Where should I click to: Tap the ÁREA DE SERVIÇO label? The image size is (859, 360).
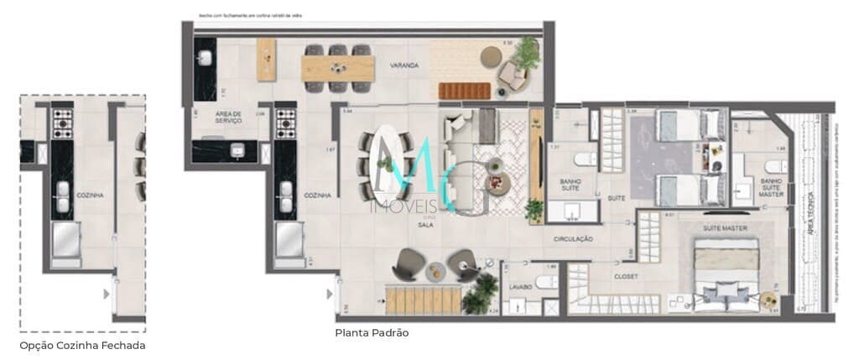228,117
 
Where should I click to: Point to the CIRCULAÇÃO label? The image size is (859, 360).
573,239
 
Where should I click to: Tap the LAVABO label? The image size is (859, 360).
520,287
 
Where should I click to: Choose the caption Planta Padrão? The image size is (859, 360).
372,333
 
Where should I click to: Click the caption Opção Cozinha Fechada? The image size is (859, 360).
82,345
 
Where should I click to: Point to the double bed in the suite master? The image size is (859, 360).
726,269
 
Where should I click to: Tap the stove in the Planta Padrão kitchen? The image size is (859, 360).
286,123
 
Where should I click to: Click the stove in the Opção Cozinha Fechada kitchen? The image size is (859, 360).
63,123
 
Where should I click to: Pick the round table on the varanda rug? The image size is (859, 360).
490,56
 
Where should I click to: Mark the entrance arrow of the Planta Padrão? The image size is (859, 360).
327,294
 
